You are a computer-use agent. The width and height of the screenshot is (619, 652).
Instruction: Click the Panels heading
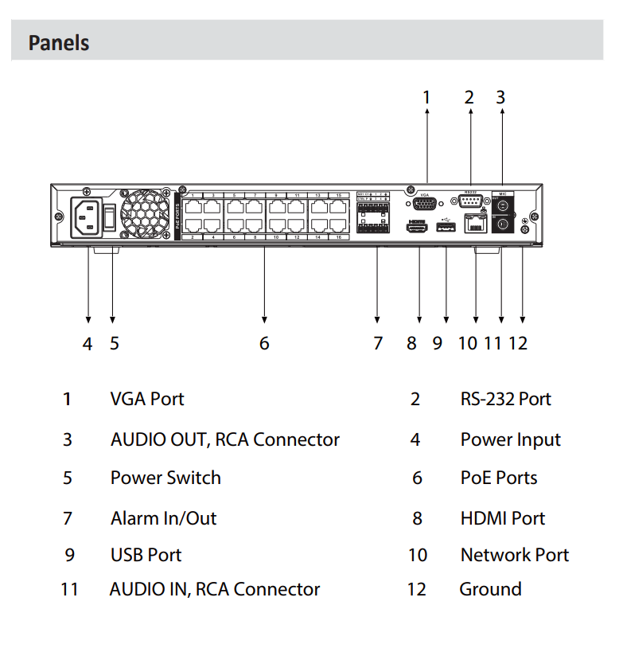click(x=59, y=42)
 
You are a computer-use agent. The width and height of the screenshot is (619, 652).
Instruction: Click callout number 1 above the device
click(x=426, y=98)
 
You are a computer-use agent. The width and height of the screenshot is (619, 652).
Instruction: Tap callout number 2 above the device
click(x=469, y=98)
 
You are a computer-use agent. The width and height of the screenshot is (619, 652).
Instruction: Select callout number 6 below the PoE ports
click(x=264, y=343)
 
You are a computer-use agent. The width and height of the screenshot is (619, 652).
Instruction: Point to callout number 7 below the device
click(x=378, y=343)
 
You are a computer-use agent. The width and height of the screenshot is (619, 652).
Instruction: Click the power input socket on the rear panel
click(x=87, y=215)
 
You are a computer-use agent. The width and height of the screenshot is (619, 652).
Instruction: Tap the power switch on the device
click(x=112, y=214)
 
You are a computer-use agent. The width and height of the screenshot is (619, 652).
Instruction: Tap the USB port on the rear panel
click(x=446, y=228)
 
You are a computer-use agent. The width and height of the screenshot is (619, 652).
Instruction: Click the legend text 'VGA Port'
click(x=147, y=399)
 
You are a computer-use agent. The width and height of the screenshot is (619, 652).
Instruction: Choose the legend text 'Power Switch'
click(x=165, y=478)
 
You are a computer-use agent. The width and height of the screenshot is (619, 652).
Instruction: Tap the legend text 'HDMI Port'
click(x=502, y=518)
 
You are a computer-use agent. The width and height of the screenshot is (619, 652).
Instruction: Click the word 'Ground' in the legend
click(x=490, y=589)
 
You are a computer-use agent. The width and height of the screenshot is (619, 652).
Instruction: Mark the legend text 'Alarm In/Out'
click(x=163, y=518)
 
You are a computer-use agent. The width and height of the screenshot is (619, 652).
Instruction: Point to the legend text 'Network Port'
click(x=514, y=555)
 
